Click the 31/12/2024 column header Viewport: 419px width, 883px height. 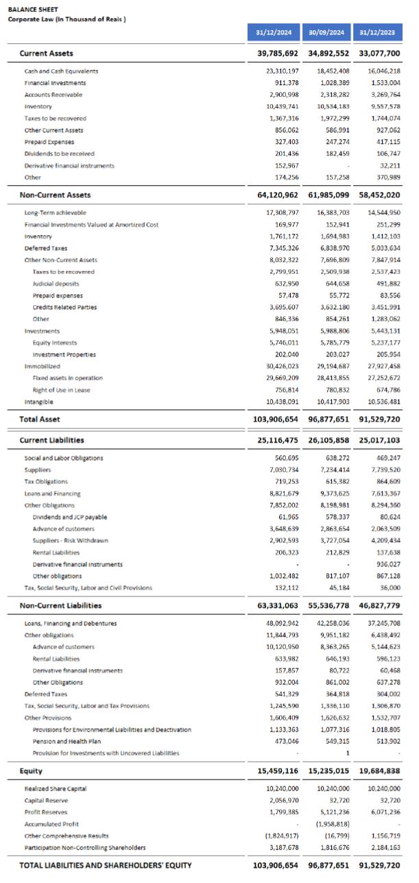pyautogui.click(x=274, y=32)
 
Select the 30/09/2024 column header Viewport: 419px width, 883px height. pyautogui.click(x=326, y=32)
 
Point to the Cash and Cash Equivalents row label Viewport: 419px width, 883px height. pyautogui.click(x=61, y=71)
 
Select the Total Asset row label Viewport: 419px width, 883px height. pyautogui.click(x=40, y=418)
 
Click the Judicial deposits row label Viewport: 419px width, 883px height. pyautogui.click(x=56, y=284)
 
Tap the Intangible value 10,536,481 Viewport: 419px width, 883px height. pyautogui.click(x=384, y=402)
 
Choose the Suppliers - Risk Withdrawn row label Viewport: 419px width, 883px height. pyautogui.click(x=70, y=541)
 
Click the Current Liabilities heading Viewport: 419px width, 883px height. pyautogui.click(x=52, y=440)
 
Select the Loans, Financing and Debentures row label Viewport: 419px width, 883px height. pyautogui.click(x=71, y=624)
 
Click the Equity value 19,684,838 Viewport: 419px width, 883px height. pyautogui.click(x=379, y=771)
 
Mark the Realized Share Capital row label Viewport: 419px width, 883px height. pyautogui.click(x=56, y=789)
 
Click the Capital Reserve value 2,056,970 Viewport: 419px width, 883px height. pyautogui.click(x=282, y=801)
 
